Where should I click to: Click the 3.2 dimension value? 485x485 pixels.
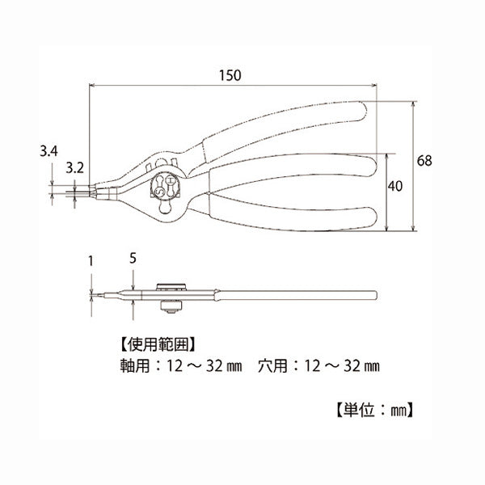tap(74, 168)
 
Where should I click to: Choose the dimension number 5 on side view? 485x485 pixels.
tap(133, 259)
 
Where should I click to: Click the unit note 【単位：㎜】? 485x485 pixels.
tap(373, 410)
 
